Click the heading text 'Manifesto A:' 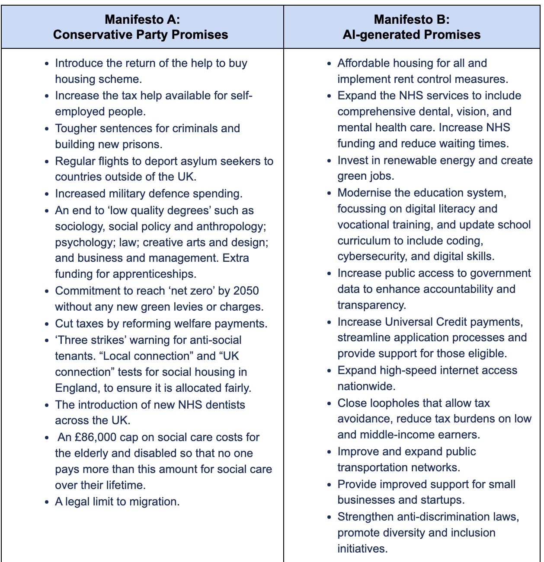click(142, 19)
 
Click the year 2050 click(246, 291)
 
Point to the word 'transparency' click(371, 305)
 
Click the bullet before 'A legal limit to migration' click(47, 502)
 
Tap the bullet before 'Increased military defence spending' click(47, 194)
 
